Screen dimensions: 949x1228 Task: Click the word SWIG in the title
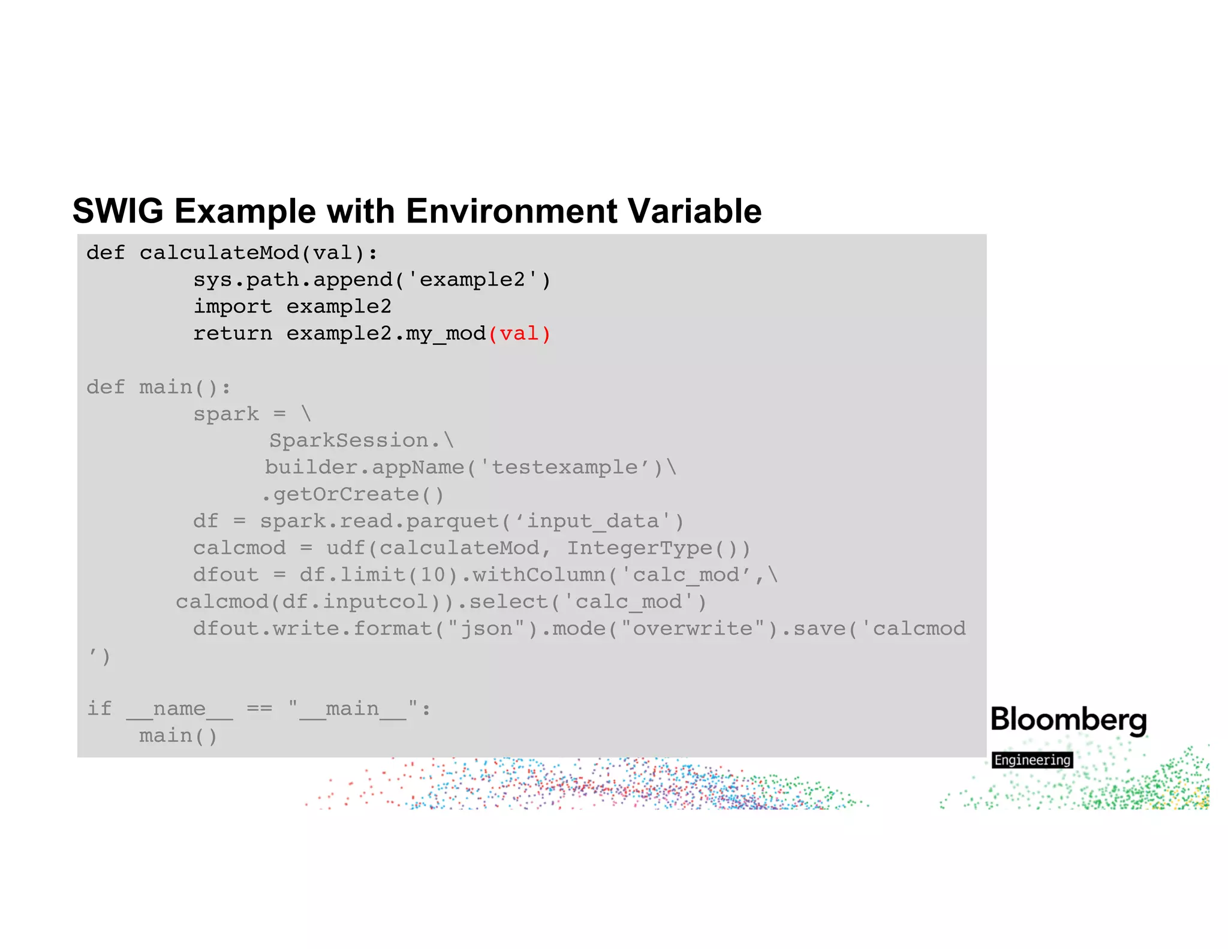(x=118, y=212)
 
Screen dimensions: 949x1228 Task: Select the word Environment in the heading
(x=511, y=212)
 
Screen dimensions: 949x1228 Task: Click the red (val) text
(x=519, y=334)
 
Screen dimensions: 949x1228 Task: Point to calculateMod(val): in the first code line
(x=258, y=253)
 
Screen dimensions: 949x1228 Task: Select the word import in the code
(x=233, y=307)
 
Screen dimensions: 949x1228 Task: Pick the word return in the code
(x=233, y=334)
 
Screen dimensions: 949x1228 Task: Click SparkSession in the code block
(x=349, y=441)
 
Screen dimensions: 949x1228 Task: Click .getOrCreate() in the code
(x=353, y=495)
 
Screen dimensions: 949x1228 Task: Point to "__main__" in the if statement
(x=353, y=709)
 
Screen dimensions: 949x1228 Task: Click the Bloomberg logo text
(x=1069, y=720)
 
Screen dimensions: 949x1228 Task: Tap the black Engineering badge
(x=1032, y=760)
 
